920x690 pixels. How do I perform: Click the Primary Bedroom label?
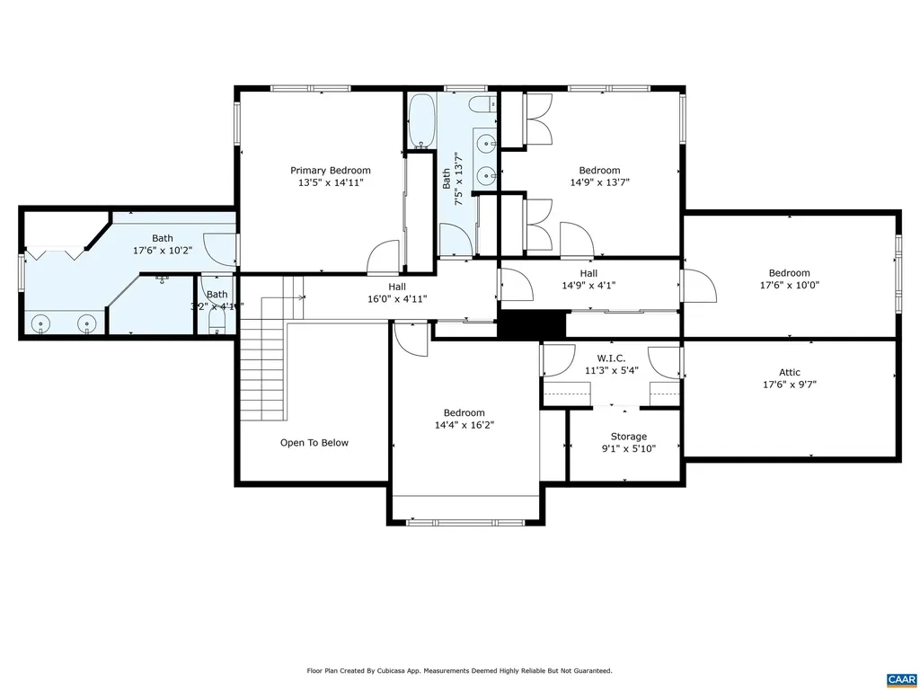pyautogui.click(x=330, y=171)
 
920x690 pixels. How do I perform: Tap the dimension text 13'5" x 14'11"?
pyautogui.click(x=330, y=182)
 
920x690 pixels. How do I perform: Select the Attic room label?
pyautogui.click(x=789, y=373)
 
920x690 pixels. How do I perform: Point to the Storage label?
pyautogui.click(x=628, y=437)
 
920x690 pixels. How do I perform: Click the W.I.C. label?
pyautogui.click(x=612, y=358)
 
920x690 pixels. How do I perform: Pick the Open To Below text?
pyautogui.click(x=314, y=443)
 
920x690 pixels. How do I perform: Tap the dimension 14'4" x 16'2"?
pyautogui.click(x=464, y=425)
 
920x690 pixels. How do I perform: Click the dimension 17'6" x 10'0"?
pyautogui.click(x=789, y=285)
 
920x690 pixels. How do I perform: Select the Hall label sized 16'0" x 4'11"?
pyautogui.click(x=397, y=287)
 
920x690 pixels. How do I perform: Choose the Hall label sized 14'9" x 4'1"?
pyautogui.click(x=588, y=274)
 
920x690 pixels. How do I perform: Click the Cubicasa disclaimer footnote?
pyautogui.click(x=460, y=670)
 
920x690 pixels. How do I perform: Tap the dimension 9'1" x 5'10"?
pyautogui.click(x=628, y=448)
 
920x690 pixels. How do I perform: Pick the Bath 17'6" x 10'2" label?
pyautogui.click(x=162, y=239)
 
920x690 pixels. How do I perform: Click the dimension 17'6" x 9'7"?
pyautogui.click(x=789, y=385)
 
